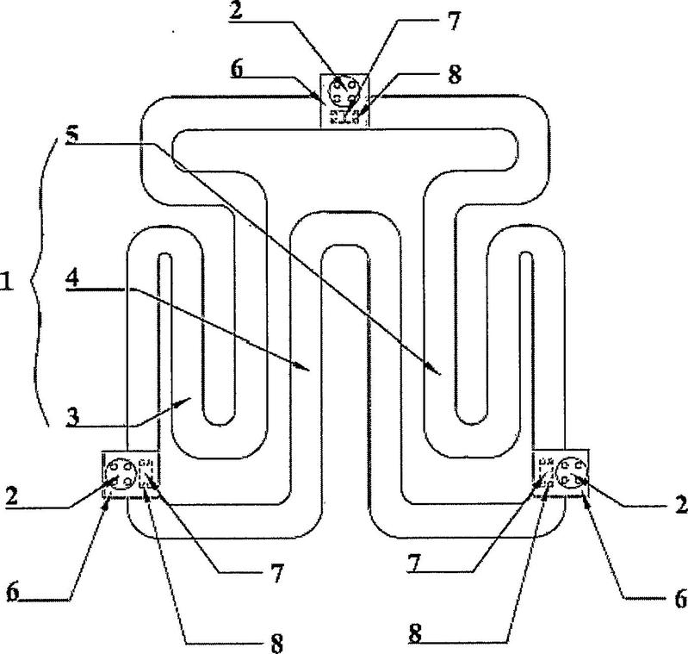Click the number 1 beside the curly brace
(6, 283)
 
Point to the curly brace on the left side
(40, 281)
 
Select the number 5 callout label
(72, 134)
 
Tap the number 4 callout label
(72, 278)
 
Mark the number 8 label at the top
(455, 75)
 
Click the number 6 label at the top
(237, 69)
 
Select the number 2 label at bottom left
(12, 496)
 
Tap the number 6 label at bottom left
(13, 594)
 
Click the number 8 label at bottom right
(415, 633)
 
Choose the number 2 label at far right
(681, 504)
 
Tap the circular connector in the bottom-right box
(571, 473)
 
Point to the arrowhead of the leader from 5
(435, 369)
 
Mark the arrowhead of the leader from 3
(184, 401)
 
